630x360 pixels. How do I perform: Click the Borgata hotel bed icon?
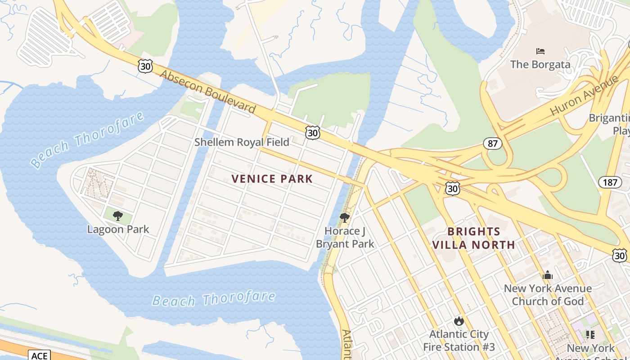pos(540,51)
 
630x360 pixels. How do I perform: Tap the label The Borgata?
pos(540,64)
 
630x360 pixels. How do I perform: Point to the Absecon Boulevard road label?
pos(208,92)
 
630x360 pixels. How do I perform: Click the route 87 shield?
pos(493,144)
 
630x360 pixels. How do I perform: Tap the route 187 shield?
pos(607,182)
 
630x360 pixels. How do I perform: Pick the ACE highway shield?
pos(39,355)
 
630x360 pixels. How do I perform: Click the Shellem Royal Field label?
pos(242,142)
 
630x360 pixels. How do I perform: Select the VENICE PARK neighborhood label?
pos(272,179)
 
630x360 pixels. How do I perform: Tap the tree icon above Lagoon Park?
pos(118,216)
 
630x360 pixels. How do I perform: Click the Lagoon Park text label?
pos(118,229)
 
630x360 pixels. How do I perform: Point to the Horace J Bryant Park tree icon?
pos(345,218)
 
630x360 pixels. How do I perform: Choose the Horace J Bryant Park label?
pos(345,238)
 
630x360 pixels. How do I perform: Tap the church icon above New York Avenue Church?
pos(548,274)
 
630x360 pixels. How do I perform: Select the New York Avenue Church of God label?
pos(548,295)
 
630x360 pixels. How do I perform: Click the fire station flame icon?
pos(459,321)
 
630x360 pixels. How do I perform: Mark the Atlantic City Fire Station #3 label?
pos(459,341)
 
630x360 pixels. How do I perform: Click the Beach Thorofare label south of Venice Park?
pos(213,299)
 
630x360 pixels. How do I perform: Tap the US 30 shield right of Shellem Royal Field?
pos(312,132)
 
